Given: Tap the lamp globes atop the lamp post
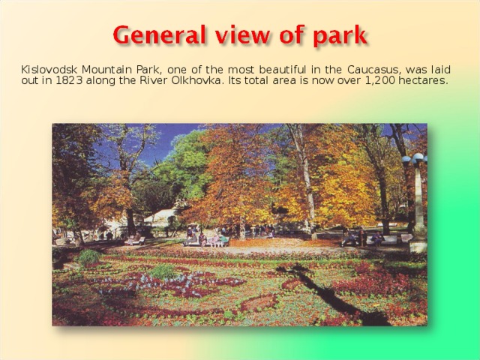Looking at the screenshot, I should [x=413, y=159].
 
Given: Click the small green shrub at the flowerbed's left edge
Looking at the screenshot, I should [x=89, y=257].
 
